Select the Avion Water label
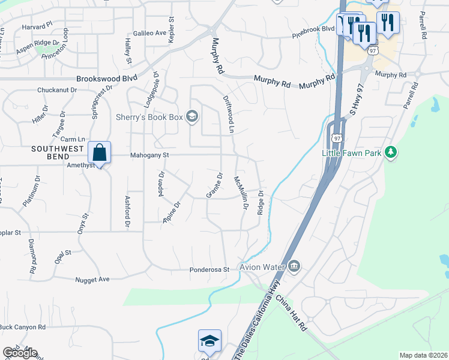click(x=262, y=266)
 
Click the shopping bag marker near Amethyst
click(x=100, y=153)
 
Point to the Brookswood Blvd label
click(x=106, y=79)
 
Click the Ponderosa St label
click(x=210, y=270)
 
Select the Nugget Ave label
click(x=92, y=280)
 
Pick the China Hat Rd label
click(x=292, y=313)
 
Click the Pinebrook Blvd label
click(x=313, y=29)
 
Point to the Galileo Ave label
click(x=149, y=33)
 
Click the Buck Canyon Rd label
click(x=23, y=327)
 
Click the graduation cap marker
click(x=209, y=341)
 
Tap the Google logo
click(x=20, y=353)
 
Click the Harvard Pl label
click(x=37, y=27)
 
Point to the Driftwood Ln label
click(x=229, y=113)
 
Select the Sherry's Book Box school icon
click(x=193, y=116)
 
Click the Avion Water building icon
click(x=294, y=266)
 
